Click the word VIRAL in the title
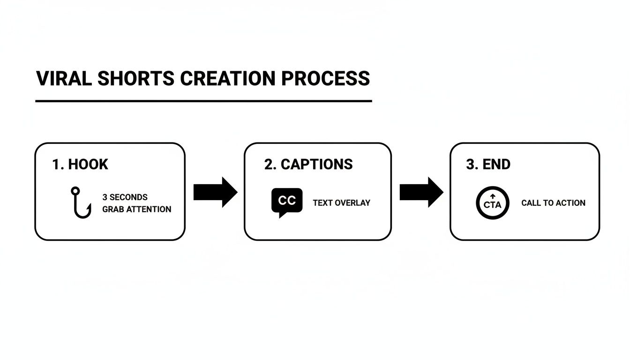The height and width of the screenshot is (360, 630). (64, 78)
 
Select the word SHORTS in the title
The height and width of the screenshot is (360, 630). (136, 78)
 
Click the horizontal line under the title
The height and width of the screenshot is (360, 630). (203, 101)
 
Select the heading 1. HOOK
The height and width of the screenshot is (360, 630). (80, 165)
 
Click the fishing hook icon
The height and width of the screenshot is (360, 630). (81, 203)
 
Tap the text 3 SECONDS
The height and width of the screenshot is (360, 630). (125, 197)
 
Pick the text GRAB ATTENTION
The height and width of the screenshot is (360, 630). (137, 209)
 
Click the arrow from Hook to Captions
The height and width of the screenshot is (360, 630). (215, 192)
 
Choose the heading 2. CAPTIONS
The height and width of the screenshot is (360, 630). (308, 165)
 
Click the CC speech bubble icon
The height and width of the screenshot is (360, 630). (286, 202)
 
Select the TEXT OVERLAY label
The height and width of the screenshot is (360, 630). (341, 203)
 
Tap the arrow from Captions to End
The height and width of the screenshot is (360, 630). (421, 192)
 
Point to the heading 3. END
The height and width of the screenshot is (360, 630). (488, 165)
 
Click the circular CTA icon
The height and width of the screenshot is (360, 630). (492, 203)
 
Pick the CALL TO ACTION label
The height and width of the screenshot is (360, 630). (553, 203)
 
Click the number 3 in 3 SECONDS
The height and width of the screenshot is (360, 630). (105, 197)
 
